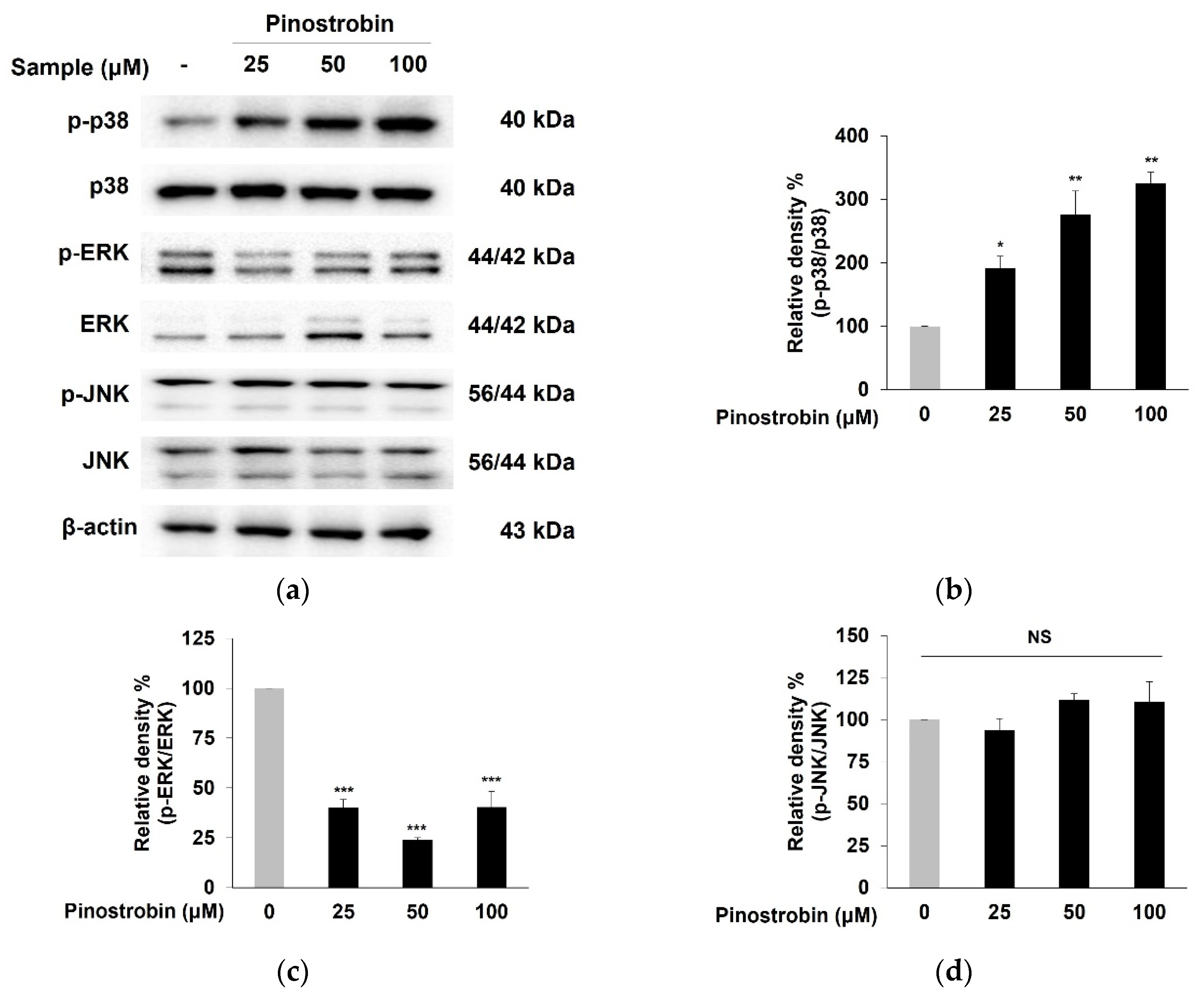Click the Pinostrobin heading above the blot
pyautogui.click(x=330, y=24)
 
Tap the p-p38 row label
pyautogui.click(x=98, y=121)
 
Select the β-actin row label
pyautogui.click(x=100, y=527)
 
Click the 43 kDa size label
pyautogui.click(x=537, y=531)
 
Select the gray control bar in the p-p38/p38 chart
pyautogui.click(x=925, y=358)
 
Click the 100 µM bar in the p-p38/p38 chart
pyautogui.click(x=1151, y=286)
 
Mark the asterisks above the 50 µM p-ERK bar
pyautogui.click(x=417, y=828)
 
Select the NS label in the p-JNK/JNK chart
pyautogui.click(x=1040, y=637)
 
